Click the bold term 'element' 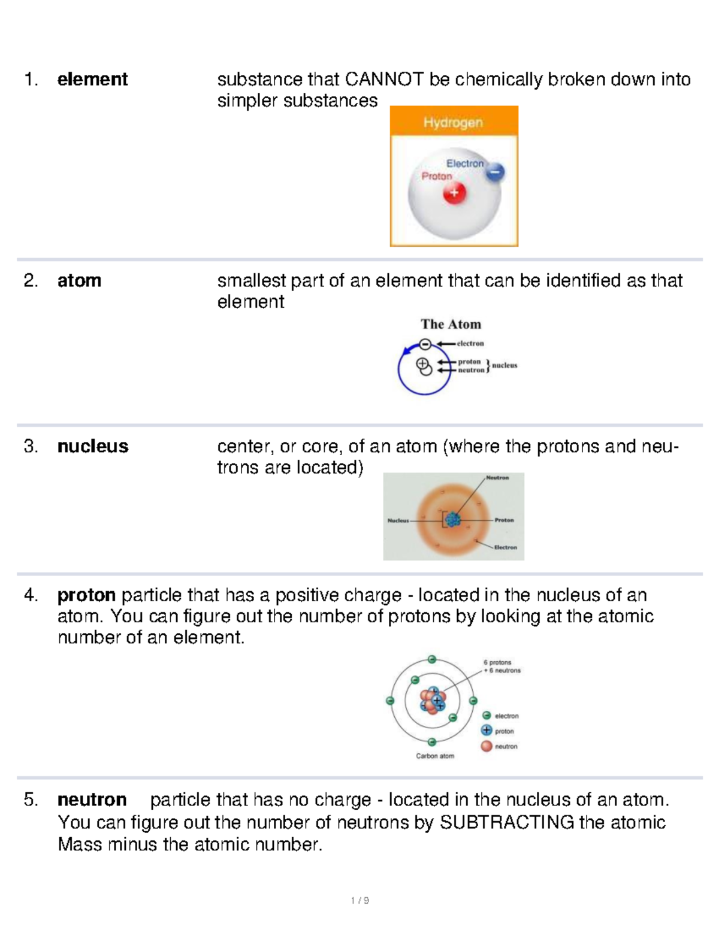(x=92, y=79)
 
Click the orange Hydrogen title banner (x=454, y=122)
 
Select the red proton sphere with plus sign (x=454, y=193)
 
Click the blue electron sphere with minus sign (x=494, y=173)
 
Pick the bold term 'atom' (x=79, y=280)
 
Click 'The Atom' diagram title (x=451, y=324)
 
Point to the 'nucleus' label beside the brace (x=504, y=365)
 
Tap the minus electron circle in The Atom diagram (x=425, y=344)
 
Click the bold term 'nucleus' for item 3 (x=92, y=446)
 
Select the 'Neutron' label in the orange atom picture (x=497, y=478)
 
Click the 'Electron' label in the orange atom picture (x=505, y=547)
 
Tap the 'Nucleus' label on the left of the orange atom (x=398, y=520)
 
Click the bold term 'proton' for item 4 (x=86, y=595)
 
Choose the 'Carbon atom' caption (x=435, y=756)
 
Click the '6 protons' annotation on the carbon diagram (x=497, y=662)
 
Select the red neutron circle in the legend (x=487, y=746)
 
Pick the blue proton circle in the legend (x=487, y=731)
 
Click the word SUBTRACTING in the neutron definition (x=507, y=822)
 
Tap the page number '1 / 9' (x=359, y=901)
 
